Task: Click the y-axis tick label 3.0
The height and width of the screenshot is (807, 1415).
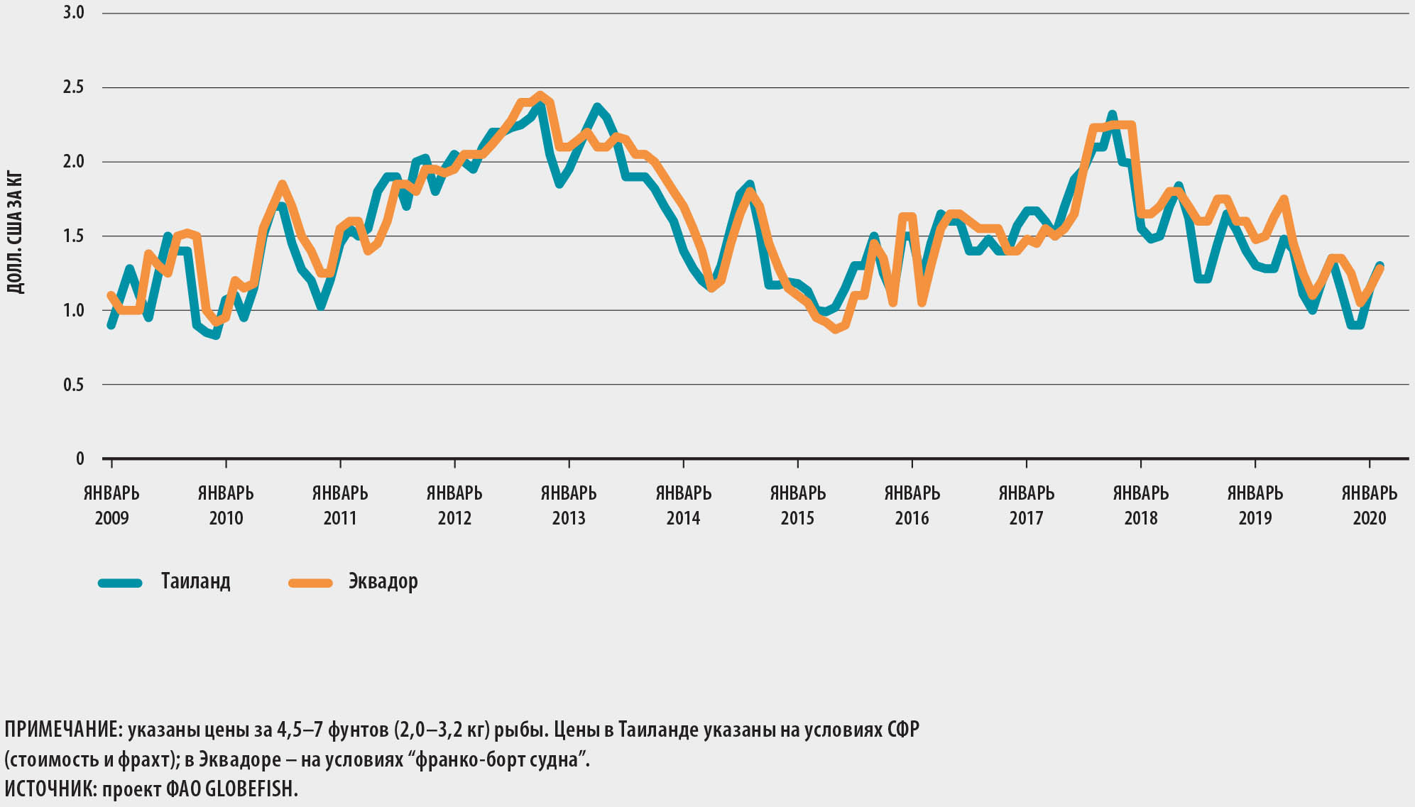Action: click(x=73, y=13)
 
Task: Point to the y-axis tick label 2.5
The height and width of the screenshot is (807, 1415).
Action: click(x=73, y=87)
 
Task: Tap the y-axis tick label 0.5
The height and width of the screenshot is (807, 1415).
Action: click(x=73, y=385)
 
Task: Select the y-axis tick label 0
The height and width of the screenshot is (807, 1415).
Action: click(x=80, y=459)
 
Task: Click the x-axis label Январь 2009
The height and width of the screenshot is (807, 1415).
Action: click(x=111, y=505)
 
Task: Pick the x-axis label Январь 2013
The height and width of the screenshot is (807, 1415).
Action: click(x=569, y=505)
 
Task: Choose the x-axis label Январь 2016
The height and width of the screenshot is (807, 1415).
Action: click(x=912, y=505)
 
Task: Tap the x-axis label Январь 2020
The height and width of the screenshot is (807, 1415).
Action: click(x=1369, y=505)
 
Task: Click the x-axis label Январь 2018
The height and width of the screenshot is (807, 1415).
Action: click(x=1140, y=505)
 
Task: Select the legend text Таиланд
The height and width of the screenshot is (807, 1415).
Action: click(x=195, y=581)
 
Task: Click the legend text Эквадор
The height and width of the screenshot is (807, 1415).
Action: click(x=383, y=581)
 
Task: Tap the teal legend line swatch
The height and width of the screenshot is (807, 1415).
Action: click(x=120, y=583)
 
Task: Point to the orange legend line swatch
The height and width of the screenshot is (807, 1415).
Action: click(x=310, y=583)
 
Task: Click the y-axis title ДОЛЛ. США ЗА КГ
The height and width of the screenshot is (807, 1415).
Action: click(x=15, y=233)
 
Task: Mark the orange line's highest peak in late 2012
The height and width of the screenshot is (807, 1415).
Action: click(x=540, y=95)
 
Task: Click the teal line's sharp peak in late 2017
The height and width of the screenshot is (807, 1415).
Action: click(x=1112, y=114)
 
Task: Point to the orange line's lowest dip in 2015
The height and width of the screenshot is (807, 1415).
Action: click(x=835, y=329)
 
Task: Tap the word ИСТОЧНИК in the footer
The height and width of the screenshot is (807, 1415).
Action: click(x=49, y=789)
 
